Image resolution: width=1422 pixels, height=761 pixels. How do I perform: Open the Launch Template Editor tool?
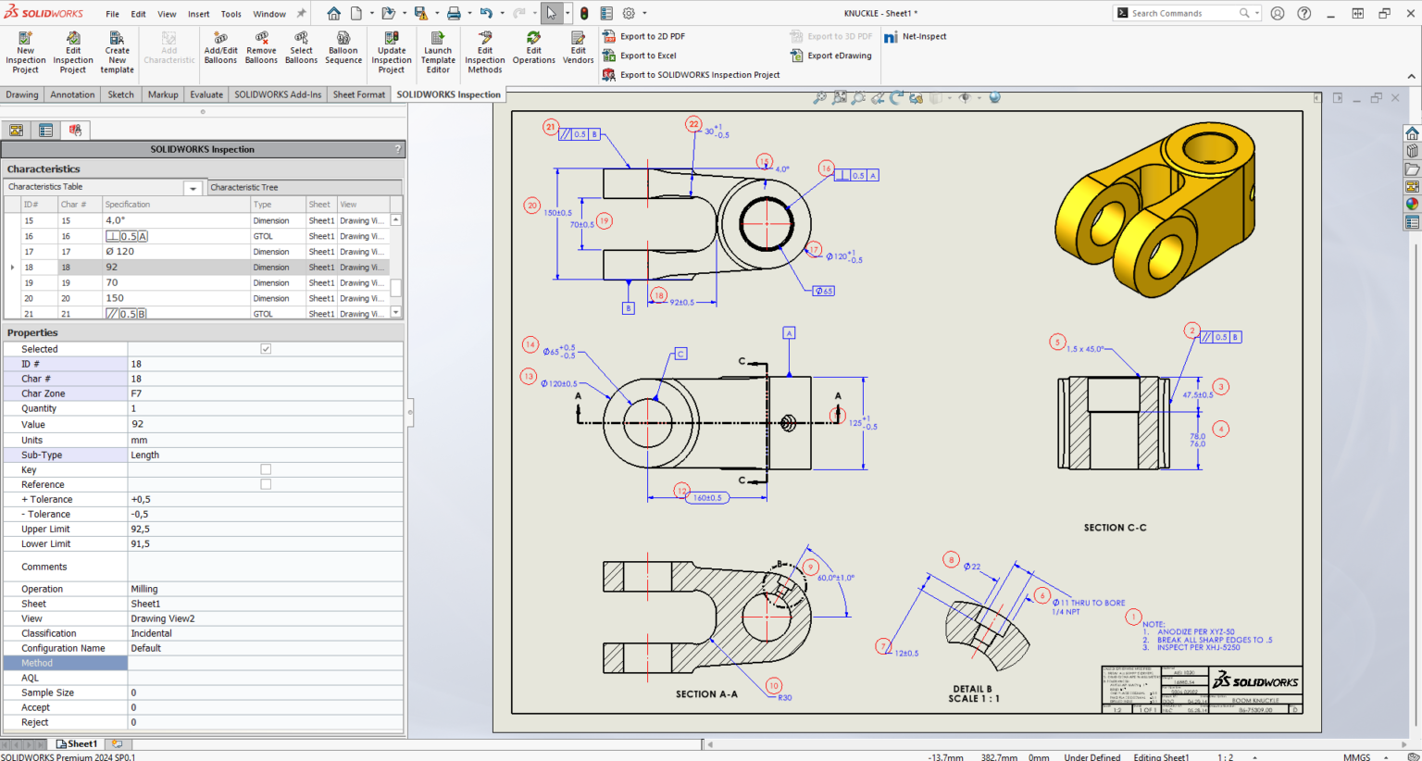pos(438,52)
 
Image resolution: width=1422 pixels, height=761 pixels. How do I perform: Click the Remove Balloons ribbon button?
pos(261,48)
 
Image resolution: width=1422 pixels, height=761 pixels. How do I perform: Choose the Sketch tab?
pos(120,94)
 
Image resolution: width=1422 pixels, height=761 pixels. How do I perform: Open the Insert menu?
pos(198,14)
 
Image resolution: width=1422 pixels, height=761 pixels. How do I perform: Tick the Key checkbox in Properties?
pos(266,469)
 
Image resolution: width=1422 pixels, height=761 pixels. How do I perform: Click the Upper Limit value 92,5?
pos(141,530)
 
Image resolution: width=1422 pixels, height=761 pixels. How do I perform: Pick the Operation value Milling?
pos(144,589)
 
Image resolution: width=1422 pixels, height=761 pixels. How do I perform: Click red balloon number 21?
pos(551,128)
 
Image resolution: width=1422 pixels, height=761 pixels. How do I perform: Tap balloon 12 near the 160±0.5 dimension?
pos(681,491)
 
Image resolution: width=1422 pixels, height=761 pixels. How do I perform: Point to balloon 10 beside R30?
pos(773,686)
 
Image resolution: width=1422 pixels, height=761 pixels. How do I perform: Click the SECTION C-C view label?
pos(1115,528)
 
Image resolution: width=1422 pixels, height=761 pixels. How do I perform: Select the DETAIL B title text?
pos(971,689)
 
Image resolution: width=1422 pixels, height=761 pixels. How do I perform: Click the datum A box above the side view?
pos(789,332)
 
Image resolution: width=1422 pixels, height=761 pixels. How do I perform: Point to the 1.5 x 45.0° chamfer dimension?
pos(1085,349)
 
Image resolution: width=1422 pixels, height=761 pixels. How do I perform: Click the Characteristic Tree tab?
pos(243,187)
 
